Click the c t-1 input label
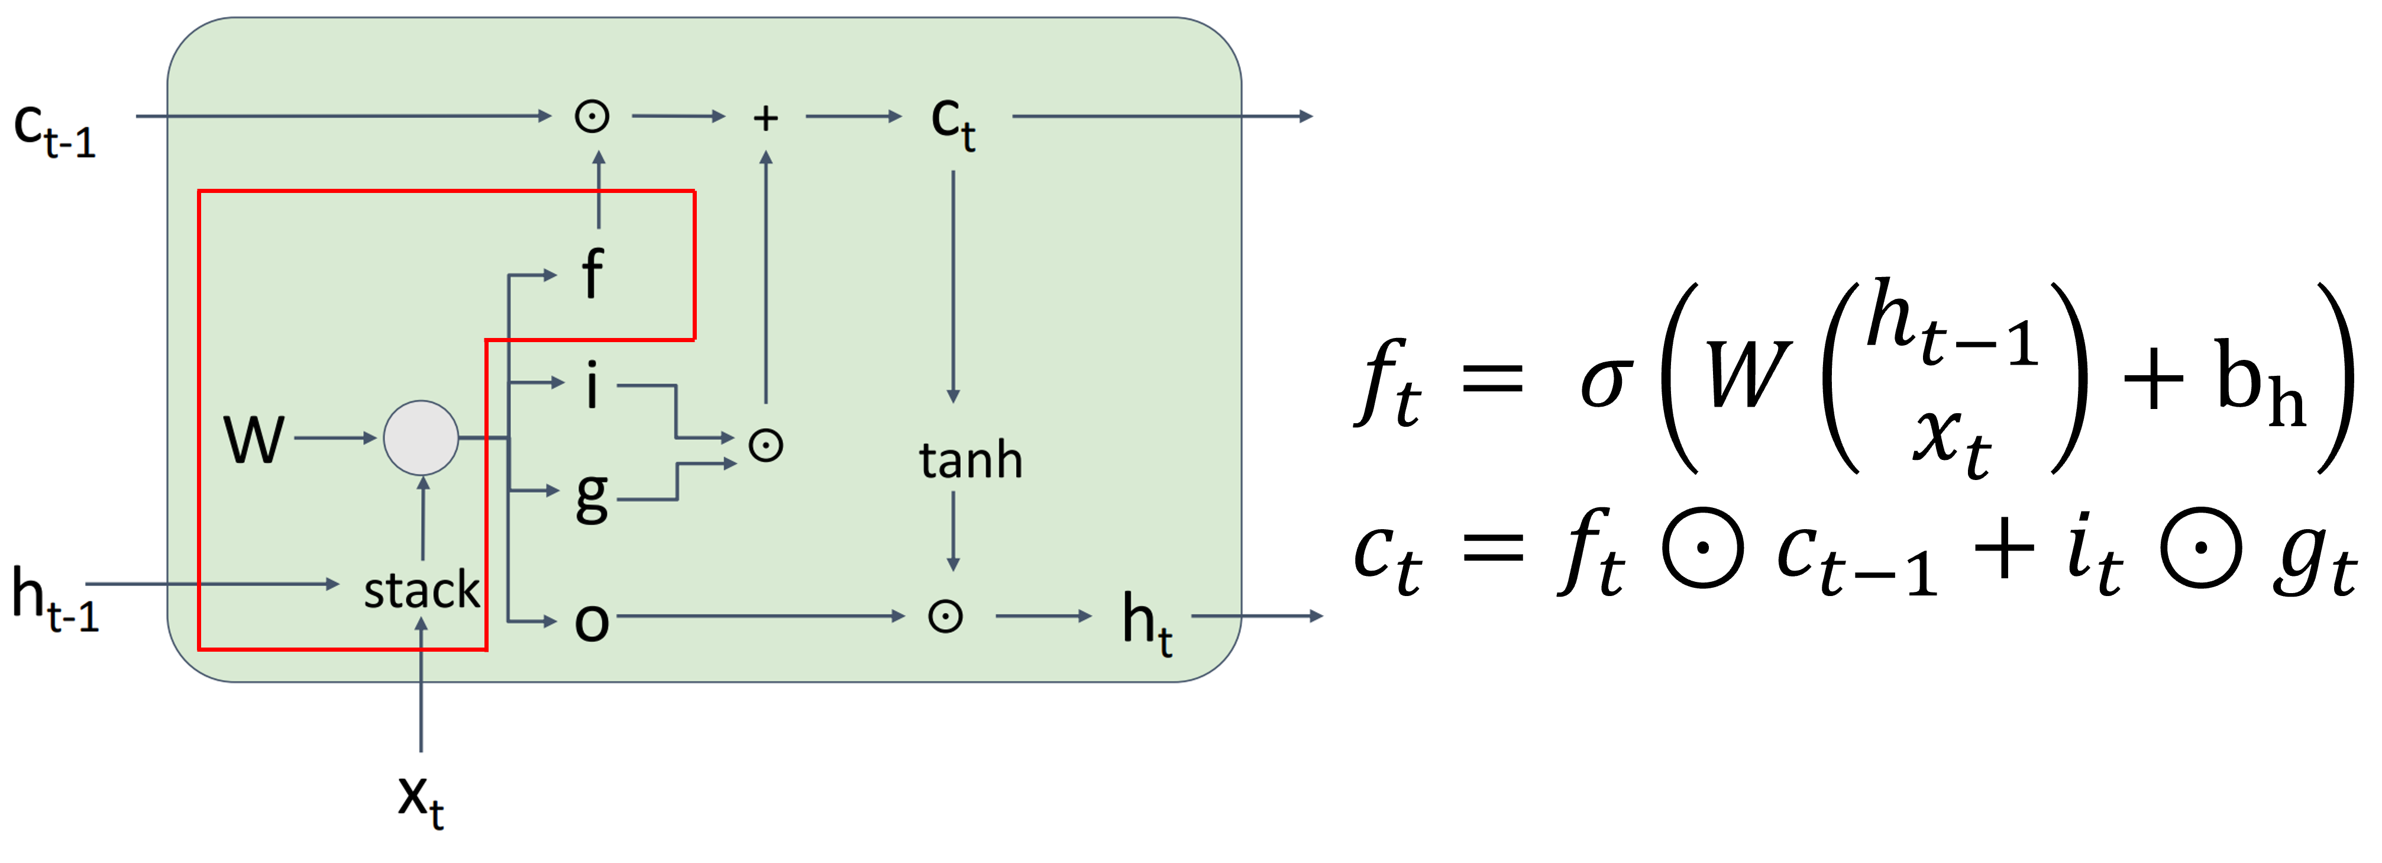54,130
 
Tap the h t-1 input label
54,600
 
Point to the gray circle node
421,437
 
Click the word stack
422,590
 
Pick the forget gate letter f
592,274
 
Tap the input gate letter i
592,385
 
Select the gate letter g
592,496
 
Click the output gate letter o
592,622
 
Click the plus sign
765,117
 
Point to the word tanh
970,460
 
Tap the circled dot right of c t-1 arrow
592,117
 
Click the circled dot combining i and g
765,446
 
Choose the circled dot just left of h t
945,616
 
